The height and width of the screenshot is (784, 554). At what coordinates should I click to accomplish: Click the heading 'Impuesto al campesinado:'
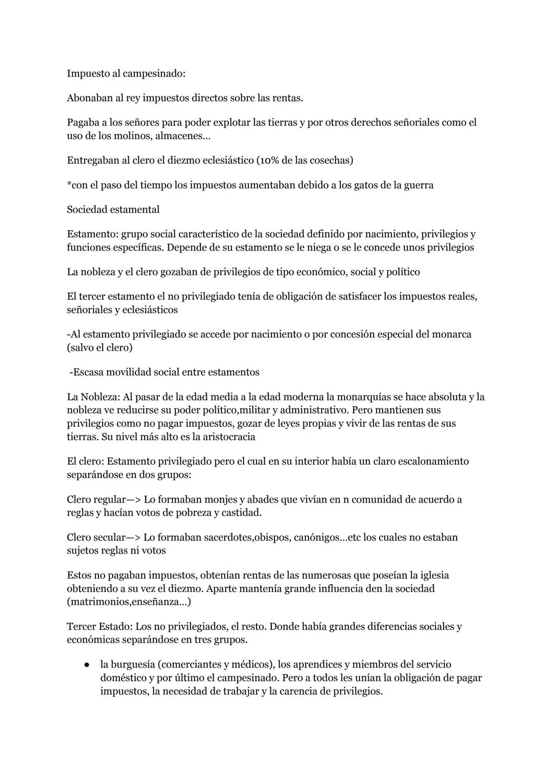click(x=126, y=73)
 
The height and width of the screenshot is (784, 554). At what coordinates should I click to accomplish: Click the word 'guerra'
click(x=418, y=185)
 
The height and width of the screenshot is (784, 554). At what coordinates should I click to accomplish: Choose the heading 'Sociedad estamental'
click(x=113, y=209)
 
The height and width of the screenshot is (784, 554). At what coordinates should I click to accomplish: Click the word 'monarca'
click(x=452, y=334)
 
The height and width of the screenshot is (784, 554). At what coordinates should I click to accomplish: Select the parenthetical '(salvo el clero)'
click(x=100, y=348)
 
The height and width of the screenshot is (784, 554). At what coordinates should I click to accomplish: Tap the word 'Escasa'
click(x=89, y=372)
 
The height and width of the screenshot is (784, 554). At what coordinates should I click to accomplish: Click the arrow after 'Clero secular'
click(x=133, y=538)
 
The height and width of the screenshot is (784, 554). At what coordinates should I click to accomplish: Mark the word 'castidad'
click(x=240, y=513)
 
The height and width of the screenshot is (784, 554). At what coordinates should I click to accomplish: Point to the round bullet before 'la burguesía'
click(x=88, y=665)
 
